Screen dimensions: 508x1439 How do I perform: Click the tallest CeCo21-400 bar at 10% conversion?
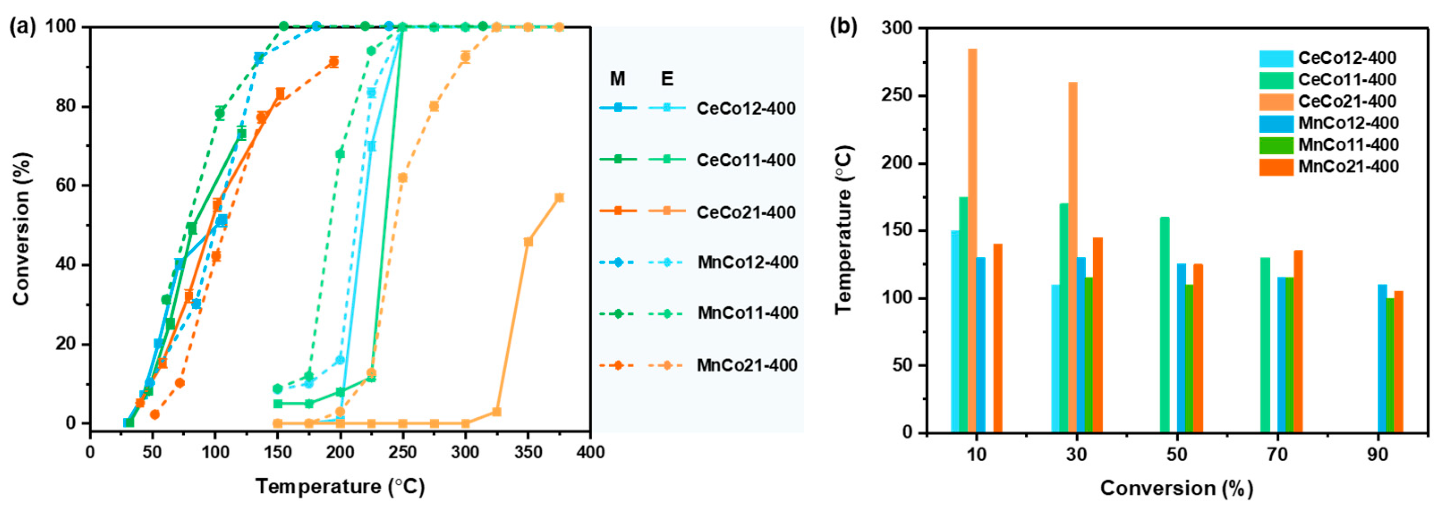tap(972, 240)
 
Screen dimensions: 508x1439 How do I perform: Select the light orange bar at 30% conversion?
tap(1073, 257)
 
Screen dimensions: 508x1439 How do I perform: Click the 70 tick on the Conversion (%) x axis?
tap(1277, 454)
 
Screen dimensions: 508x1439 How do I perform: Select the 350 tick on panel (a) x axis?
tap(528, 452)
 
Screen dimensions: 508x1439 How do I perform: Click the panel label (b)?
tap(844, 27)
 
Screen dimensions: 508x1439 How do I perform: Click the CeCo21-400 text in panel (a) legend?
tap(746, 213)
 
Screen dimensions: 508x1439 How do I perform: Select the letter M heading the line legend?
tap(617, 79)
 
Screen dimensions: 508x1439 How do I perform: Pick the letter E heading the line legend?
tap(667, 79)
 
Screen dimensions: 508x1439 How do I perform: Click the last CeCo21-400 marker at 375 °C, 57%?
tap(559, 197)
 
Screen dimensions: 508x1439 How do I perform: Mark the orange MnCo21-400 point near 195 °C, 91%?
tap(334, 62)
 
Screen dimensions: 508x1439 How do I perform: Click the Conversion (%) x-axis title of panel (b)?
tap(1176, 488)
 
